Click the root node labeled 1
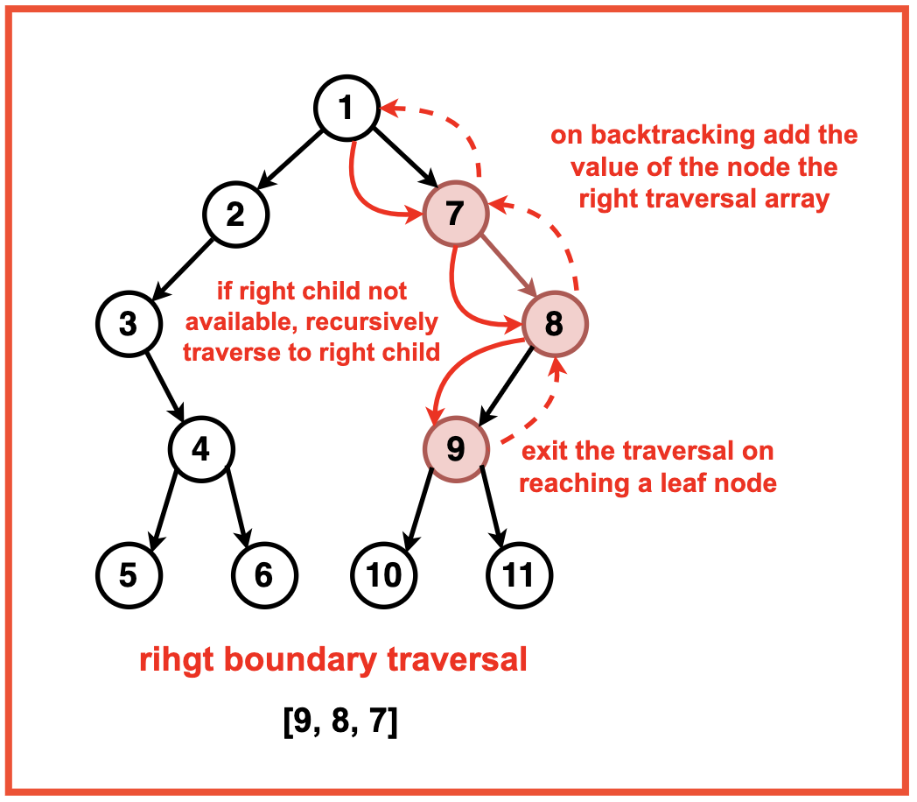pyautogui.click(x=346, y=108)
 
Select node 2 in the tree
pyautogui.click(x=236, y=215)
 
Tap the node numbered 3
pyautogui.click(x=129, y=323)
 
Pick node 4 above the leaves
pyautogui.click(x=201, y=449)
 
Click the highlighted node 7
pyautogui.click(x=455, y=215)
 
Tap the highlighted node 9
pyautogui.click(x=456, y=449)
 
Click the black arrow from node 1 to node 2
pyautogui.click(x=291, y=160)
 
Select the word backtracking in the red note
pyautogui.click(x=675, y=136)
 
